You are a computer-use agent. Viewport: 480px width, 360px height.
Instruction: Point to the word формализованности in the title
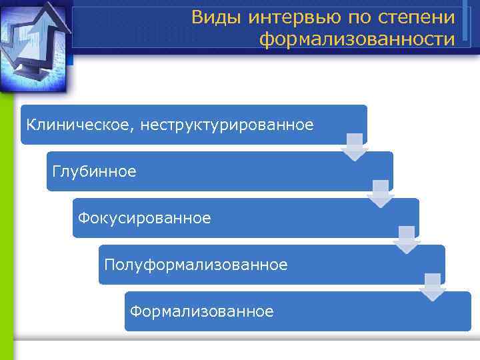coord(357,40)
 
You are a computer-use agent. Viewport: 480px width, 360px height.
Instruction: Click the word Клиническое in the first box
coord(79,125)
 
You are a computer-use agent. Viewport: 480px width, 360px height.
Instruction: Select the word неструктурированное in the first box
coord(227,125)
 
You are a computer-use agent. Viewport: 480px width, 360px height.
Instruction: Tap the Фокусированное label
coord(144,218)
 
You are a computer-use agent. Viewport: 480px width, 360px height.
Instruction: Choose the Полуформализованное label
coord(196,265)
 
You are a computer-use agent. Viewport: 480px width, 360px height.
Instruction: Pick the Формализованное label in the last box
coord(201,311)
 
